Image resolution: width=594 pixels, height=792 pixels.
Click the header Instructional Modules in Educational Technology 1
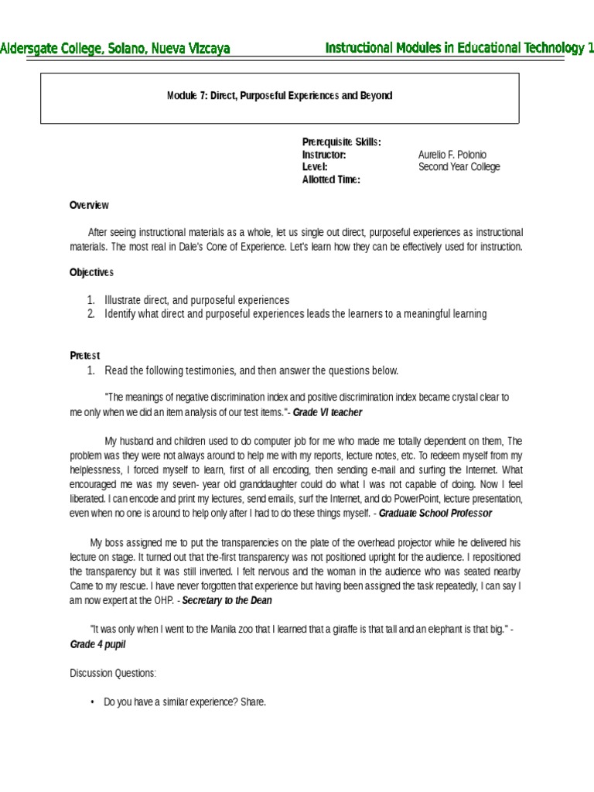(459, 49)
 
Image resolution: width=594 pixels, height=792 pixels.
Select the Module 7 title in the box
(279, 96)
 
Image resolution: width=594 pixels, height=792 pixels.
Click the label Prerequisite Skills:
(341, 142)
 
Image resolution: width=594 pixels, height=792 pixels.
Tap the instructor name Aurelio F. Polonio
(452, 155)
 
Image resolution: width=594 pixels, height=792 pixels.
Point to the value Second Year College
(459, 167)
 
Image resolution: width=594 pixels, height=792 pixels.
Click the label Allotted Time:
(331, 179)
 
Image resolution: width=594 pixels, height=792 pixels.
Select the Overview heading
(89, 205)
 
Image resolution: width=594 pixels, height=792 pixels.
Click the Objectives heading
(91, 272)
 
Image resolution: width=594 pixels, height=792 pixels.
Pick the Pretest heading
(85, 355)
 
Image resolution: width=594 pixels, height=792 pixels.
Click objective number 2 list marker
(90, 314)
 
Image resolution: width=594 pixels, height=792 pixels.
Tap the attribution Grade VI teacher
(327, 413)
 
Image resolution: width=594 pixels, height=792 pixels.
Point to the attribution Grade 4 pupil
(97, 644)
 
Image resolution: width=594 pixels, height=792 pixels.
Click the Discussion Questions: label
(113, 674)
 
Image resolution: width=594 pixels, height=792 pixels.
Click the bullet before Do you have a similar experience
(92, 703)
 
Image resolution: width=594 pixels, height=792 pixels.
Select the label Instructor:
(323, 155)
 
